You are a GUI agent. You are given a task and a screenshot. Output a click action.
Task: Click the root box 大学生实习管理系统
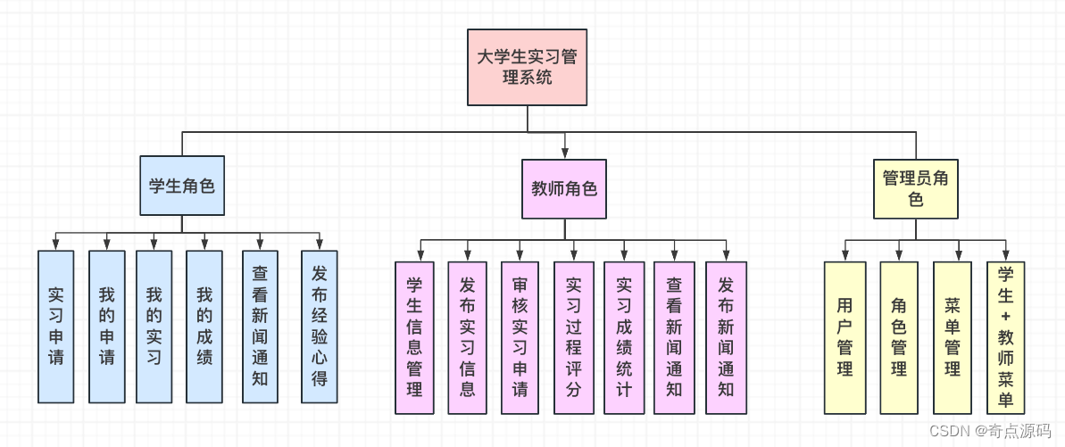(x=527, y=67)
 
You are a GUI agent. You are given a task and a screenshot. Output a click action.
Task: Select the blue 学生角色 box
(x=182, y=186)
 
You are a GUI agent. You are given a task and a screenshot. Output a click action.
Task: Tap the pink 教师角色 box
(x=563, y=188)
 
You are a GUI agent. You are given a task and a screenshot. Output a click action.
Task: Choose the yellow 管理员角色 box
(x=916, y=188)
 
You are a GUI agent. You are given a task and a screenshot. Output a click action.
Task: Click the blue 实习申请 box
(x=55, y=326)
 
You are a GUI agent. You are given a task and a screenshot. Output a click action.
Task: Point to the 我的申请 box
(x=107, y=326)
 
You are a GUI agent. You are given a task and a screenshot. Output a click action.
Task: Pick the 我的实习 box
(x=154, y=326)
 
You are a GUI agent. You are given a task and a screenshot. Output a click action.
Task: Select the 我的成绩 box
(x=204, y=326)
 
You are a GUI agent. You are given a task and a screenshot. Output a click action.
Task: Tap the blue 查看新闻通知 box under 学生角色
(x=260, y=326)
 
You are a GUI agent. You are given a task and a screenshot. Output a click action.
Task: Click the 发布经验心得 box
(x=319, y=326)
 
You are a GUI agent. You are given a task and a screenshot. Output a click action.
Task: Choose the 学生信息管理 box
(x=414, y=337)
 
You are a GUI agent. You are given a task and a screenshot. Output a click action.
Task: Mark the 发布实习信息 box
(x=467, y=337)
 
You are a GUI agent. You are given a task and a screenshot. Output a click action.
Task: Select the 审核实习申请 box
(x=520, y=337)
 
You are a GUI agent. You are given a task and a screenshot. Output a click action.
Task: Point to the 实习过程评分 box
(x=573, y=337)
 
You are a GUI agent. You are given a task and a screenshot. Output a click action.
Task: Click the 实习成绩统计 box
(x=623, y=337)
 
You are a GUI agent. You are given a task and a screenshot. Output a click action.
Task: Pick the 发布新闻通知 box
(x=726, y=337)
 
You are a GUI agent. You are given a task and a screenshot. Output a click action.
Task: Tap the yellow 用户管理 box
(x=845, y=337)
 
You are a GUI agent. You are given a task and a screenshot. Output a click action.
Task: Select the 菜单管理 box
(x=953, y=337)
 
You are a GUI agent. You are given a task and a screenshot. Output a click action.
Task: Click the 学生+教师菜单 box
(x=1005, y=337)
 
